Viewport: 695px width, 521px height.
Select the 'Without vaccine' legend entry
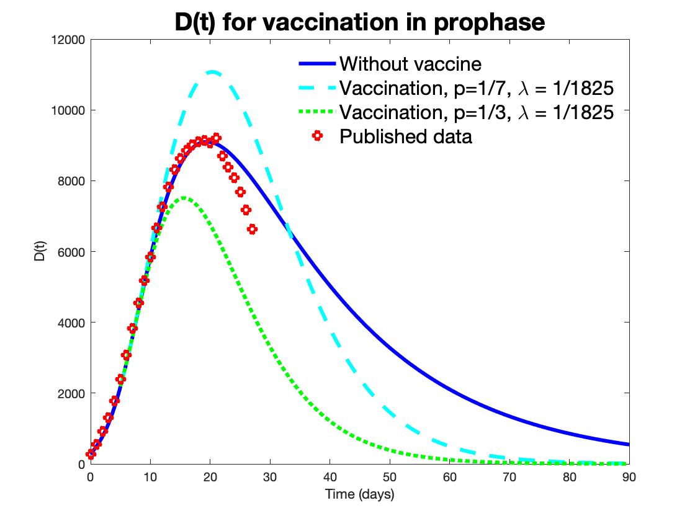(411, 64)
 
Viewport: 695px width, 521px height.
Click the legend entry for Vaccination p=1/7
(477, 88)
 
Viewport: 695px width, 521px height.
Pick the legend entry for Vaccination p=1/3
(477, 112)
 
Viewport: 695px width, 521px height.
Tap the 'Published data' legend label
(406, 136)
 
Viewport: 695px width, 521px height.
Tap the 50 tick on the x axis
(390, 478)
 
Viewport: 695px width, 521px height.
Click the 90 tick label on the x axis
(629, 478)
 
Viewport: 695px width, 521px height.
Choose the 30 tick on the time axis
(270, 478)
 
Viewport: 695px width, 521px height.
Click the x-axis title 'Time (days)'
(359, 494)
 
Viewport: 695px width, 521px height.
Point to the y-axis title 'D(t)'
(40, 252)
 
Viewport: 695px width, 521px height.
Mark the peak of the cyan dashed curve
(212, 72)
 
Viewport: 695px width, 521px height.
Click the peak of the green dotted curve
(184, 198)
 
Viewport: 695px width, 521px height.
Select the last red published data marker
(252, 229)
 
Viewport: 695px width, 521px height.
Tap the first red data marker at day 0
(91, 455)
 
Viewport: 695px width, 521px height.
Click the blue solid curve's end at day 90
(628, 444)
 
